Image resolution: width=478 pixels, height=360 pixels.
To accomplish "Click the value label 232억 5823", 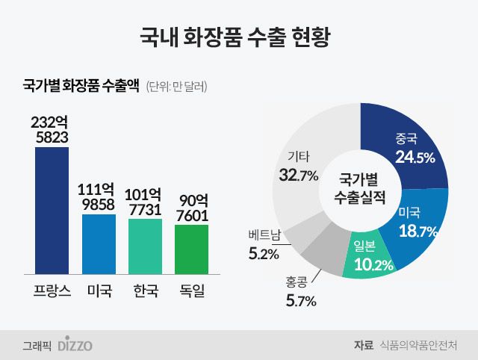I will click(52, 129).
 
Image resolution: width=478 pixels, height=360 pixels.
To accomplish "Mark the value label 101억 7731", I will click(145, 200).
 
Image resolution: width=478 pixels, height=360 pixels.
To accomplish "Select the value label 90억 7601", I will click(192, 207).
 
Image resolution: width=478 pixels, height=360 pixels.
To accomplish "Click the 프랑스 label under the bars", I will click(52, 291).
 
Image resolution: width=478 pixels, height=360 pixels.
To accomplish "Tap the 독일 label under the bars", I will click(192, 291).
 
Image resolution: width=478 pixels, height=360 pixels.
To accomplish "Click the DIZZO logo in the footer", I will click(75, 345).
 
